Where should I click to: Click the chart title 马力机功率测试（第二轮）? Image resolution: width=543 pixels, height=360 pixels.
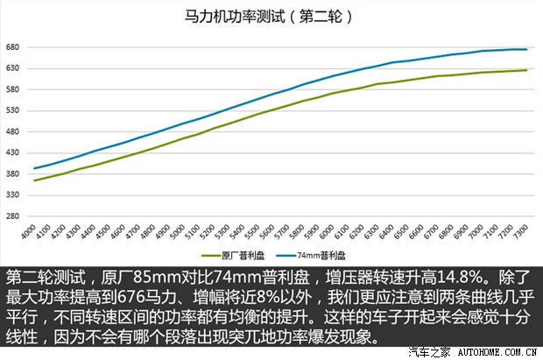(271, 17)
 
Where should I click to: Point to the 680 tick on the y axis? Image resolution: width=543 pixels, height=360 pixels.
(12, 46)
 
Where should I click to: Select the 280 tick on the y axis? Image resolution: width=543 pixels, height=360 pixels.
(12, 215)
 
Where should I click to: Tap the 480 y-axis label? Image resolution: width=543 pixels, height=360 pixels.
(12, 131)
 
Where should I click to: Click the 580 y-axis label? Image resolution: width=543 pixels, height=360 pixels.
(12, 89)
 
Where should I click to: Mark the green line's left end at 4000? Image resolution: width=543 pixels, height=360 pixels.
(33, 180)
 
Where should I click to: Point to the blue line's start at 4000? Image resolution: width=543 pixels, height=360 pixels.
(33, 168)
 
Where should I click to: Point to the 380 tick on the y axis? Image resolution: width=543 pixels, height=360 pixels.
(12, 173)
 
